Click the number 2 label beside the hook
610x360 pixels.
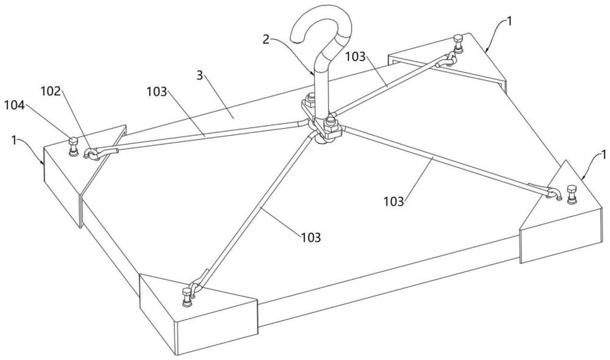(x=266, y=39)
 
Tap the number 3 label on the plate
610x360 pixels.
(x=199, y=75)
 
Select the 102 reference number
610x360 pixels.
(x=51, y=92)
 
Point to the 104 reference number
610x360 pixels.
(x=15, y=105)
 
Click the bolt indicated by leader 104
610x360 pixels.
(x=73, y=146)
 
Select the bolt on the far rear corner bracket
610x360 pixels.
(x=457, y=43)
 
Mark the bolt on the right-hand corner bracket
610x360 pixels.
(x=572, y=194)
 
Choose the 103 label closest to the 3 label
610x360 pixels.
(x=157, y=92)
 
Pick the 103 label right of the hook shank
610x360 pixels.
(x=356, y=57)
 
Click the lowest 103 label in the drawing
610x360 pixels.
(x=311, y=237)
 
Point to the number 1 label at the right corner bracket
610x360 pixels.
(x=603, y=155)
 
